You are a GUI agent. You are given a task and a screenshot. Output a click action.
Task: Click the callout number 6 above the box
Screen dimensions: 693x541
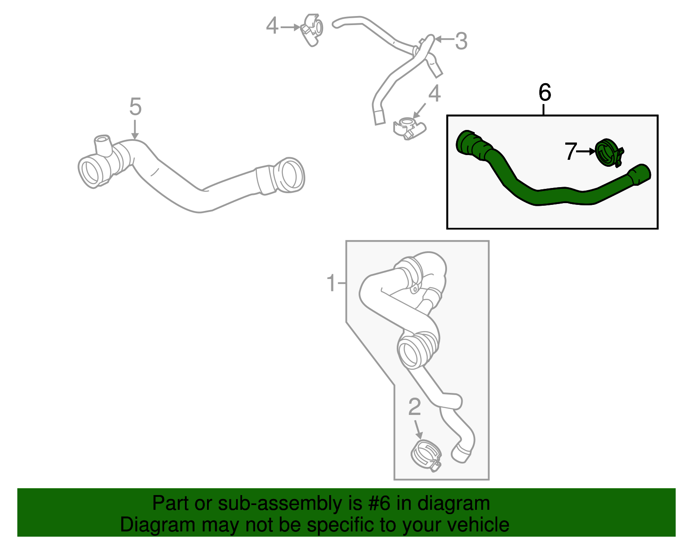coord(544,92)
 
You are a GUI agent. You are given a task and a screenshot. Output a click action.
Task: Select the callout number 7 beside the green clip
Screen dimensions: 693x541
coord(570,151)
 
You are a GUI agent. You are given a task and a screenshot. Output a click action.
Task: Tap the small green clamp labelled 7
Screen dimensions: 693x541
coord(609,152)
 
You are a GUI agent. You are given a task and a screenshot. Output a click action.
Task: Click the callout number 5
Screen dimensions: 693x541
coord(135,107)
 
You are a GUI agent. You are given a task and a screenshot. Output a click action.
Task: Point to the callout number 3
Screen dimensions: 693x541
coord(461,41)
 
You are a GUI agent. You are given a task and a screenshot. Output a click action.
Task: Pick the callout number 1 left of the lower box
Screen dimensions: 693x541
coord(331,282)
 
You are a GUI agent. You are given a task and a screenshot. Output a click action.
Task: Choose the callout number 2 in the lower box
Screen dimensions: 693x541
coord(414,407)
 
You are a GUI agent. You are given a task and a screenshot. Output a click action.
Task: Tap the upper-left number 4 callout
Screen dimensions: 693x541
coord(272,26)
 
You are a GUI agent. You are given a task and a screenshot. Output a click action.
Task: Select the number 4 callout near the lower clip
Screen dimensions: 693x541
coord(434,94)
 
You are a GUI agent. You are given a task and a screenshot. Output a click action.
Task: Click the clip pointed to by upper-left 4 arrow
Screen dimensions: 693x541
coord(311,30)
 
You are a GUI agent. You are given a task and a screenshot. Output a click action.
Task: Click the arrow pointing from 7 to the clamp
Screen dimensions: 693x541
coord(586,152)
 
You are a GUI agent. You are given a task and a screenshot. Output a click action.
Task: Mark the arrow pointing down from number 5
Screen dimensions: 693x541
coord(135,130)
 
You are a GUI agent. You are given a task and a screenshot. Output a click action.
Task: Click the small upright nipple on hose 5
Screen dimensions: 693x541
coord(103,144)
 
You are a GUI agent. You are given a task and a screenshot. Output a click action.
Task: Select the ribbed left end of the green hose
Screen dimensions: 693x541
coord(471,145)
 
